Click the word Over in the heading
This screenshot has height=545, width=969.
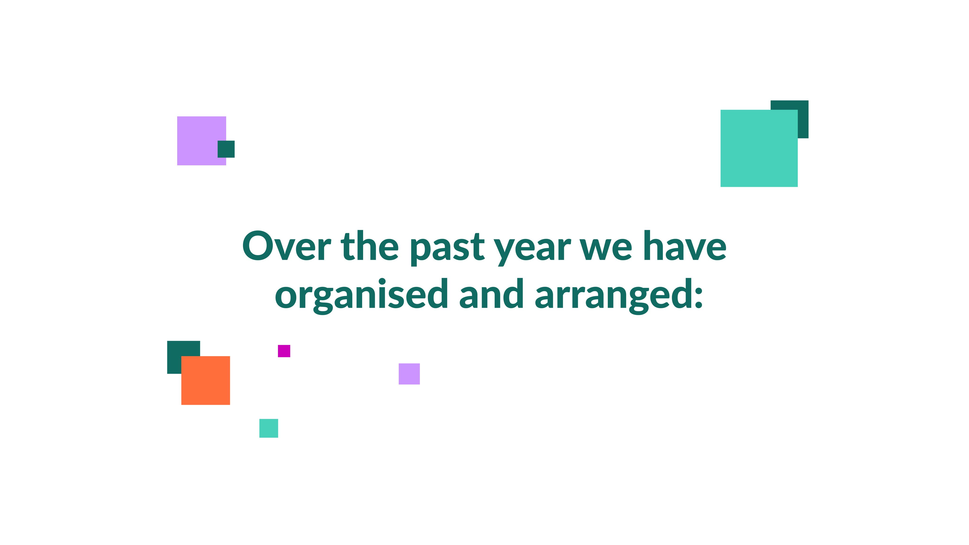tap(287, 246)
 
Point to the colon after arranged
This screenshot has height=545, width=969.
tap(699, 298)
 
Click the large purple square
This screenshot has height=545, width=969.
tap(202, 141)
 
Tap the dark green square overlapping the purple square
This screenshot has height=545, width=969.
tap(226, 149)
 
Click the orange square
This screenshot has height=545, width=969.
tap(206, 380)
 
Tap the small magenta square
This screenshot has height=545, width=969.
tap(284, 351)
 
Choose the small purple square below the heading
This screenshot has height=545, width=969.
tap(409, 374)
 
